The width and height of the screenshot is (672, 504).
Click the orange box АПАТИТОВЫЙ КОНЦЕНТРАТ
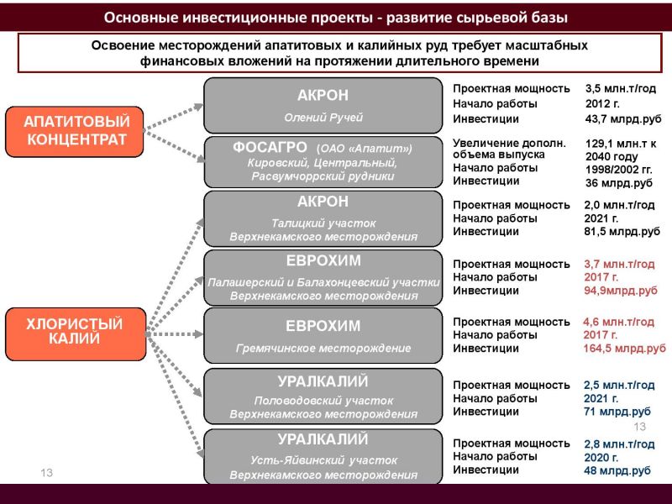[x=74, y=132]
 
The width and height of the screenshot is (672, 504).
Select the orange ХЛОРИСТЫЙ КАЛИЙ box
[x=76, y=333]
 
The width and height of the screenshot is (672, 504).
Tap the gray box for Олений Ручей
[x=323, y=106]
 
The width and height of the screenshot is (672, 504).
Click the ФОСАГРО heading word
[x=270, y=148]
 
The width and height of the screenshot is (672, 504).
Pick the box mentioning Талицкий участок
[x=323, y=218]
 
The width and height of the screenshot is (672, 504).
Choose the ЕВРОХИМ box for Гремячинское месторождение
[x=323, y=335]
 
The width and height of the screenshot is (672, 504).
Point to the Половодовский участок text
[x=323, y=401]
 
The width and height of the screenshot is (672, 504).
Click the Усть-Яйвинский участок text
[x=323, y=460]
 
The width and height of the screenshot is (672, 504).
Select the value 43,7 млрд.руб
[x=623, y=119]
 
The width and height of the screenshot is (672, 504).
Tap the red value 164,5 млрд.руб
[x=624, y=349]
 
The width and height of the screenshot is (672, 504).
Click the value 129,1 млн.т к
[x=621, y=144]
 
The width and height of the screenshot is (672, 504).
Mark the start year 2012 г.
[x=602, y=103]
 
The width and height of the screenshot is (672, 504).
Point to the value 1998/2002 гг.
[x=619, y=170]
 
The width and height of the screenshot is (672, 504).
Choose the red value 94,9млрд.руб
[x=621, y=291]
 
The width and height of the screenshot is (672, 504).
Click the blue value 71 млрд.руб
[x=617, y=412]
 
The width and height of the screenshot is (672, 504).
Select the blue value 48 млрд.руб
[x=617, y=470]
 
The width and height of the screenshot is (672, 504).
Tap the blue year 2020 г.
[x=601, y=457]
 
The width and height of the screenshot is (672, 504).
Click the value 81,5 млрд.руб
[x=622, y=232]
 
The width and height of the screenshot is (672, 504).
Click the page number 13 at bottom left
[x=47, y=473]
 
